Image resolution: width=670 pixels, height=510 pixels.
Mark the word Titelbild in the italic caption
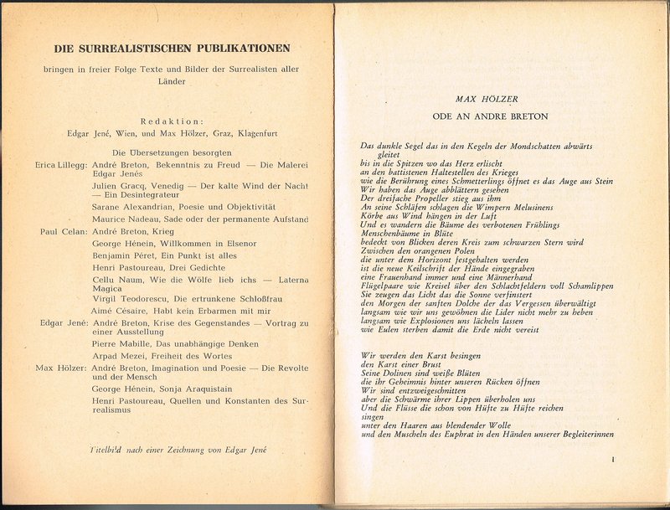107,450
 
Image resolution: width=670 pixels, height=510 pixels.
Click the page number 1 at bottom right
613,459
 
